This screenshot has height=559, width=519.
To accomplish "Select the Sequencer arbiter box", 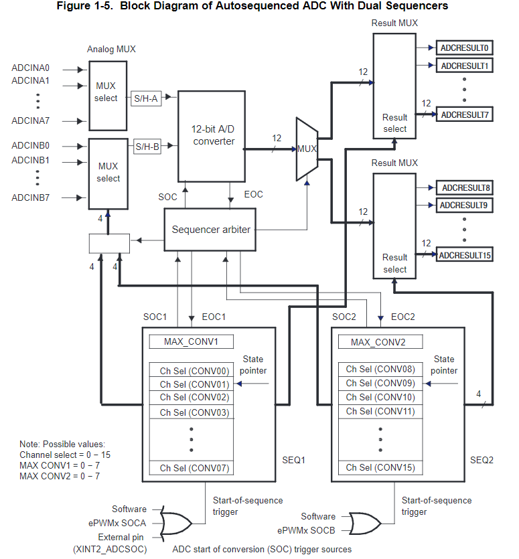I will pos(211,230).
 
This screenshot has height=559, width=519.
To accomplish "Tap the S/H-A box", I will pos(147,98).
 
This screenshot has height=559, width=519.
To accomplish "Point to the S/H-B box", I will pos(147,146).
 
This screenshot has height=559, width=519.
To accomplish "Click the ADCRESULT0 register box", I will pos(466,48).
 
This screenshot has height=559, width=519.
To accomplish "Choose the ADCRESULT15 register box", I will pos(466,255).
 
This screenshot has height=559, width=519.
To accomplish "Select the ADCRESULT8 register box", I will pos(466,188).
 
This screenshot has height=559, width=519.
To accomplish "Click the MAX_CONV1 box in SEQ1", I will pos(191,341).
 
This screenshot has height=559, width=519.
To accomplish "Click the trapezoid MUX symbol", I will pos(306,149).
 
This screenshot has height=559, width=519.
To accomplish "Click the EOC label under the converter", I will pos(253,195).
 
